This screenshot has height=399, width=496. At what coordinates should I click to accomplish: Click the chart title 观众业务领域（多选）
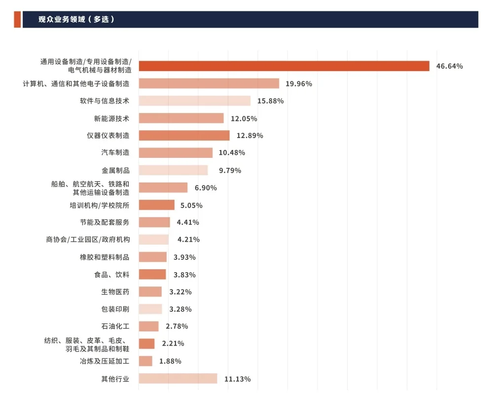click(76, 20)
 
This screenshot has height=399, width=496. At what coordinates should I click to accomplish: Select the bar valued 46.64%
click(284, 66)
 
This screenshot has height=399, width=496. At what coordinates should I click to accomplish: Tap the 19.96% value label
click(299, 84)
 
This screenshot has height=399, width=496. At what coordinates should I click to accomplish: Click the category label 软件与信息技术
click(105, 101)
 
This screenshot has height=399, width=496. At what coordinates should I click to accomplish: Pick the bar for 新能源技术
click(181, 118)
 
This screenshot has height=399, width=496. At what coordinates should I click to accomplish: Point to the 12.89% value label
click(249, 136)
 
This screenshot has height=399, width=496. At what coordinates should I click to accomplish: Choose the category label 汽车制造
click(115, 153)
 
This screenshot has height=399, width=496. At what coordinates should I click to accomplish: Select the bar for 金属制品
click(173, 170)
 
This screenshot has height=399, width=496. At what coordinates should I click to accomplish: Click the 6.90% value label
click(206, 188)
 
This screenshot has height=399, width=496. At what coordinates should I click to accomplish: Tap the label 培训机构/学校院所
click(99, 205)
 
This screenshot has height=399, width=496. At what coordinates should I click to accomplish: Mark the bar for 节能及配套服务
click(154, 222)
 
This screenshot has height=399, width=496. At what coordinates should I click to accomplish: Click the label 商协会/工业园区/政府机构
click(88, 240)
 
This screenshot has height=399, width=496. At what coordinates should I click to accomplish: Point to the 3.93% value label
click(184, 257)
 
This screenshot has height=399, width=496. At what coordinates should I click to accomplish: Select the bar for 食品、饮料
click(152, 275)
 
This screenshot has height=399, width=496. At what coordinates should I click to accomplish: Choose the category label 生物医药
click(115, 292)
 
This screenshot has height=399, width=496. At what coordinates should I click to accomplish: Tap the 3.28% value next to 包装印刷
click(180, 309)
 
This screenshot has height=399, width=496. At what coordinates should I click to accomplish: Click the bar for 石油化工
click(148, 326)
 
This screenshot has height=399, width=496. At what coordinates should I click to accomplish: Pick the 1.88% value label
click(170, 362)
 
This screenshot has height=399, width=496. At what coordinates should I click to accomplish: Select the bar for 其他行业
click(178, 379)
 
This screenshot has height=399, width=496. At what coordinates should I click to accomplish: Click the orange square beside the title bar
click(17, 20)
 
